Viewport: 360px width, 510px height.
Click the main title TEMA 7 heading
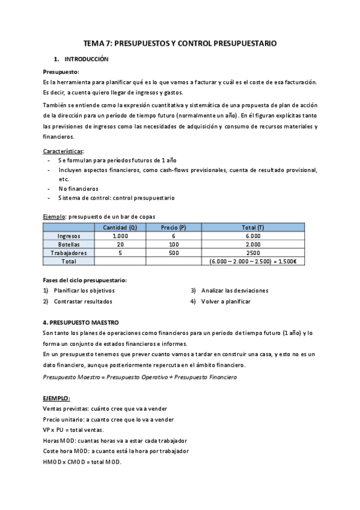180,44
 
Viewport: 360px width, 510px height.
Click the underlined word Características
63,150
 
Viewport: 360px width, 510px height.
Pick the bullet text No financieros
78,188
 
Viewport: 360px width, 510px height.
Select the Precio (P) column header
174,227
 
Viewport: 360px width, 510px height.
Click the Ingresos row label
69,236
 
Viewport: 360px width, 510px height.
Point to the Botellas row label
69,245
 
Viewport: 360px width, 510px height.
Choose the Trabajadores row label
69,253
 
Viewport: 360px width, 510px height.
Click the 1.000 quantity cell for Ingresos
120,236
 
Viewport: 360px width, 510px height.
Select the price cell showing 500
174,253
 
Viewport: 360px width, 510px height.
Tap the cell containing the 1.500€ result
254,262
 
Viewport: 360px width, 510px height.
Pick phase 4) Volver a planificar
225,301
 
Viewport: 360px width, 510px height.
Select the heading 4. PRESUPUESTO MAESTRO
81,322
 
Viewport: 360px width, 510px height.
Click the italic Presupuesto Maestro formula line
140,376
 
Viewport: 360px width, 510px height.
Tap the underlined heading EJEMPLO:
56,398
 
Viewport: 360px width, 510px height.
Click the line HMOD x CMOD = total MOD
82,461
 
